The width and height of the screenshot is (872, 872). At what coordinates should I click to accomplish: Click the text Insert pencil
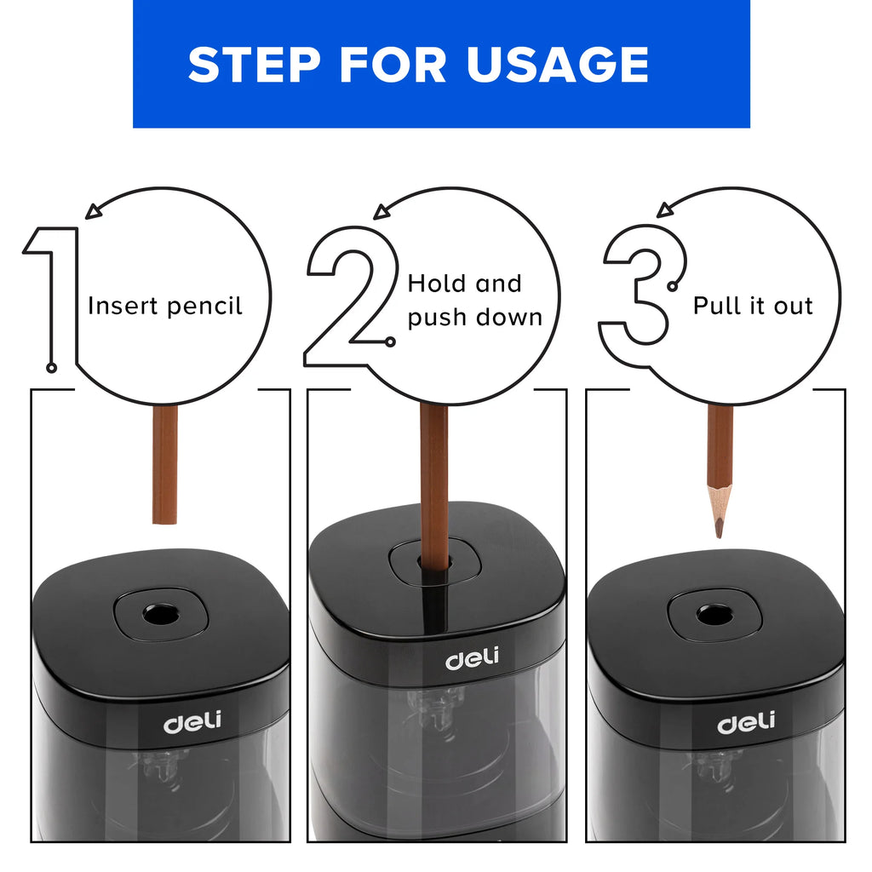[x=165, y=306]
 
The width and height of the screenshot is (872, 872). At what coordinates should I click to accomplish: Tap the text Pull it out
[x=753, y=306]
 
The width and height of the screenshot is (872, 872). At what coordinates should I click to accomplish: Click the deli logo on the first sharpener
[x=192, y=722]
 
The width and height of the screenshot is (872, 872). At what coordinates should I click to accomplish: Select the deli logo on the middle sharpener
[x=473, y=659]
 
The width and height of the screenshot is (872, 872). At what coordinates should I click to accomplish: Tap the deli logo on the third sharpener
[x=746, y=723]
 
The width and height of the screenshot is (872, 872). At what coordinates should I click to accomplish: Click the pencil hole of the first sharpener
[x=158, y=613]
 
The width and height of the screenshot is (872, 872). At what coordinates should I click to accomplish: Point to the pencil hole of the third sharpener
[x=714, y=614]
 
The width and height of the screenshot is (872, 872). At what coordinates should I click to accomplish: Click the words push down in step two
[x=474, y=318]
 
